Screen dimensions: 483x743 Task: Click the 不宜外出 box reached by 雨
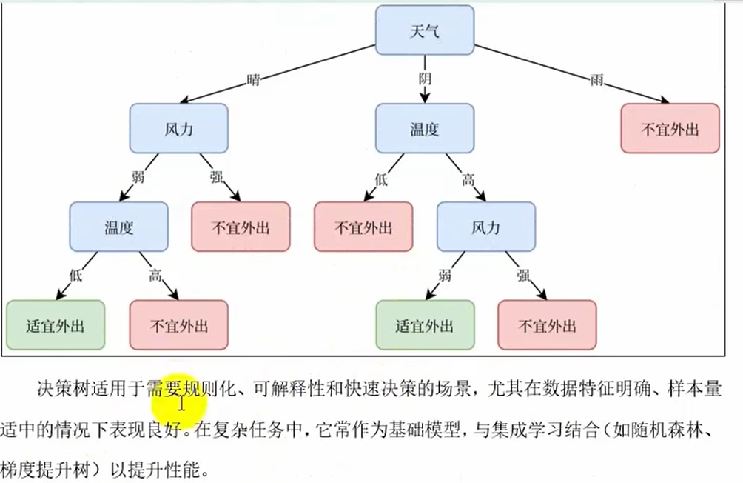coord(670,128)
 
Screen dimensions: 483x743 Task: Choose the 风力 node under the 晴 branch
coord(178,129)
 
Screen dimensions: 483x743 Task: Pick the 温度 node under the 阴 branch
coord(425,129)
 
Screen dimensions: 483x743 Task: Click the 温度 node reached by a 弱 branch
coord(118,227)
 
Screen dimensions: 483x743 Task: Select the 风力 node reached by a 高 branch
coord(485,227)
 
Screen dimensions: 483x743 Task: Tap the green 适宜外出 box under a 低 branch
coord(56,325)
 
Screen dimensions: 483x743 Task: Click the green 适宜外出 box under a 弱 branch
coord(425,325)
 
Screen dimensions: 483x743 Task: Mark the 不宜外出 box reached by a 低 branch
coord(363,227)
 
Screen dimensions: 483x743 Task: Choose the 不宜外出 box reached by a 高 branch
coord(178,325)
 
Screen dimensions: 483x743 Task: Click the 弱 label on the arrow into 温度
coord(137,178)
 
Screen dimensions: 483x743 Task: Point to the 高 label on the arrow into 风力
coord(468,179)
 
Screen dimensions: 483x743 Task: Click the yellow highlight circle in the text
coord(177,399)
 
